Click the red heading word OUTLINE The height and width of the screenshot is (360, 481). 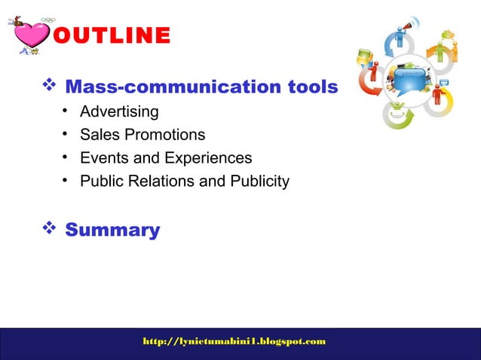pyautogui.click(x=112, y=35)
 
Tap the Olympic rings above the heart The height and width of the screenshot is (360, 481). pyautogui.click(x=48, y=20)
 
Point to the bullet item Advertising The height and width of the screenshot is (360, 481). pyautogui.click(x=119, y=112)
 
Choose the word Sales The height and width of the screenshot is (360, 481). pyautogui.click(x=100, y=136)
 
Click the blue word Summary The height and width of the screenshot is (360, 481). pyautogui.click(x=112, y=230)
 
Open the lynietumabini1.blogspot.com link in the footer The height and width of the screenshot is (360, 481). pyautogui.click(x=234, y=342)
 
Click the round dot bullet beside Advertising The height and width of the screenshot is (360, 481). pyautogui.click(x=66, y=111)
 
